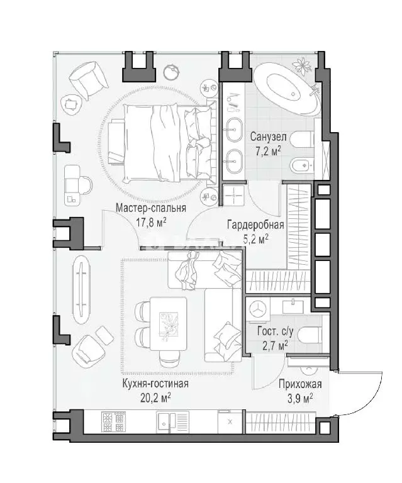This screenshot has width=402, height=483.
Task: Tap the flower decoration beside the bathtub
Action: coord(301,65)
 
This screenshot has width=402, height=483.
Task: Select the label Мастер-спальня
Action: coord(151,208)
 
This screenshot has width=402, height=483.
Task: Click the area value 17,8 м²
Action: coord(151,222)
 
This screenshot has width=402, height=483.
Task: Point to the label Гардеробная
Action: coord(255,225)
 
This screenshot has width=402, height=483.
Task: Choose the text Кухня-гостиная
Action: coord(155,384)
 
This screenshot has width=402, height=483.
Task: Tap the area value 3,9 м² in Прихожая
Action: coord(300,399)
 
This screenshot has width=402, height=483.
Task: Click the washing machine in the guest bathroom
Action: coord(258,309)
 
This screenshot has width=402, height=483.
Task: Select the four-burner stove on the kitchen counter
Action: coord(113,423)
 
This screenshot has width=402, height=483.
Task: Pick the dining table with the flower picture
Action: coord(169,323)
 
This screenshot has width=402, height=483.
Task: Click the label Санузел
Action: coord(268,136)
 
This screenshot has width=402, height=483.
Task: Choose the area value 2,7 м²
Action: coord(275,346)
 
